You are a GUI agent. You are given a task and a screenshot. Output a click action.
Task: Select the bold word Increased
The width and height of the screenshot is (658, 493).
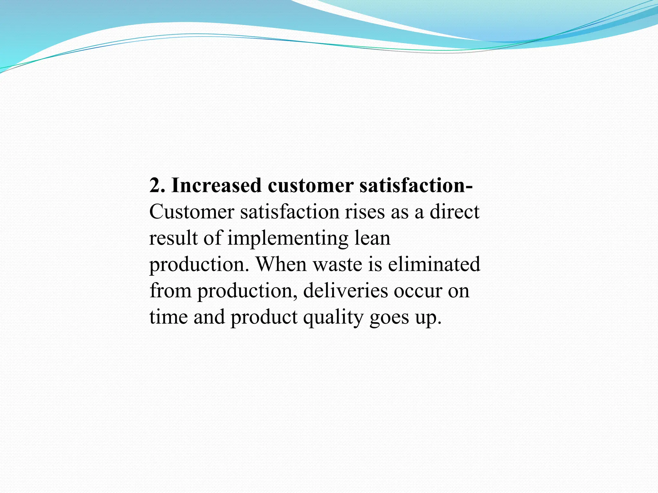click(x=216, y=186)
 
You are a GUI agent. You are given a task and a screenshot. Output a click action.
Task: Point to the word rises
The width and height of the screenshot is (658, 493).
click(x=365, y=212)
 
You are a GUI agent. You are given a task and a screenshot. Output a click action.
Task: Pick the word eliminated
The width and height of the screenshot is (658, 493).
click(x=434, y=264)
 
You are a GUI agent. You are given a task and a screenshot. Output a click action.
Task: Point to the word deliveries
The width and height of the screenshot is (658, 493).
click(x=345, y=291)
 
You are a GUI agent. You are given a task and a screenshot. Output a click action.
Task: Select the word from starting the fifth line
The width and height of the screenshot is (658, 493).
click(x=170, y=291)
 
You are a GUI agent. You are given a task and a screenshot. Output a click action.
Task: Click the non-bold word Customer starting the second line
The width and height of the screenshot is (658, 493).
click(x=192, y=212)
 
